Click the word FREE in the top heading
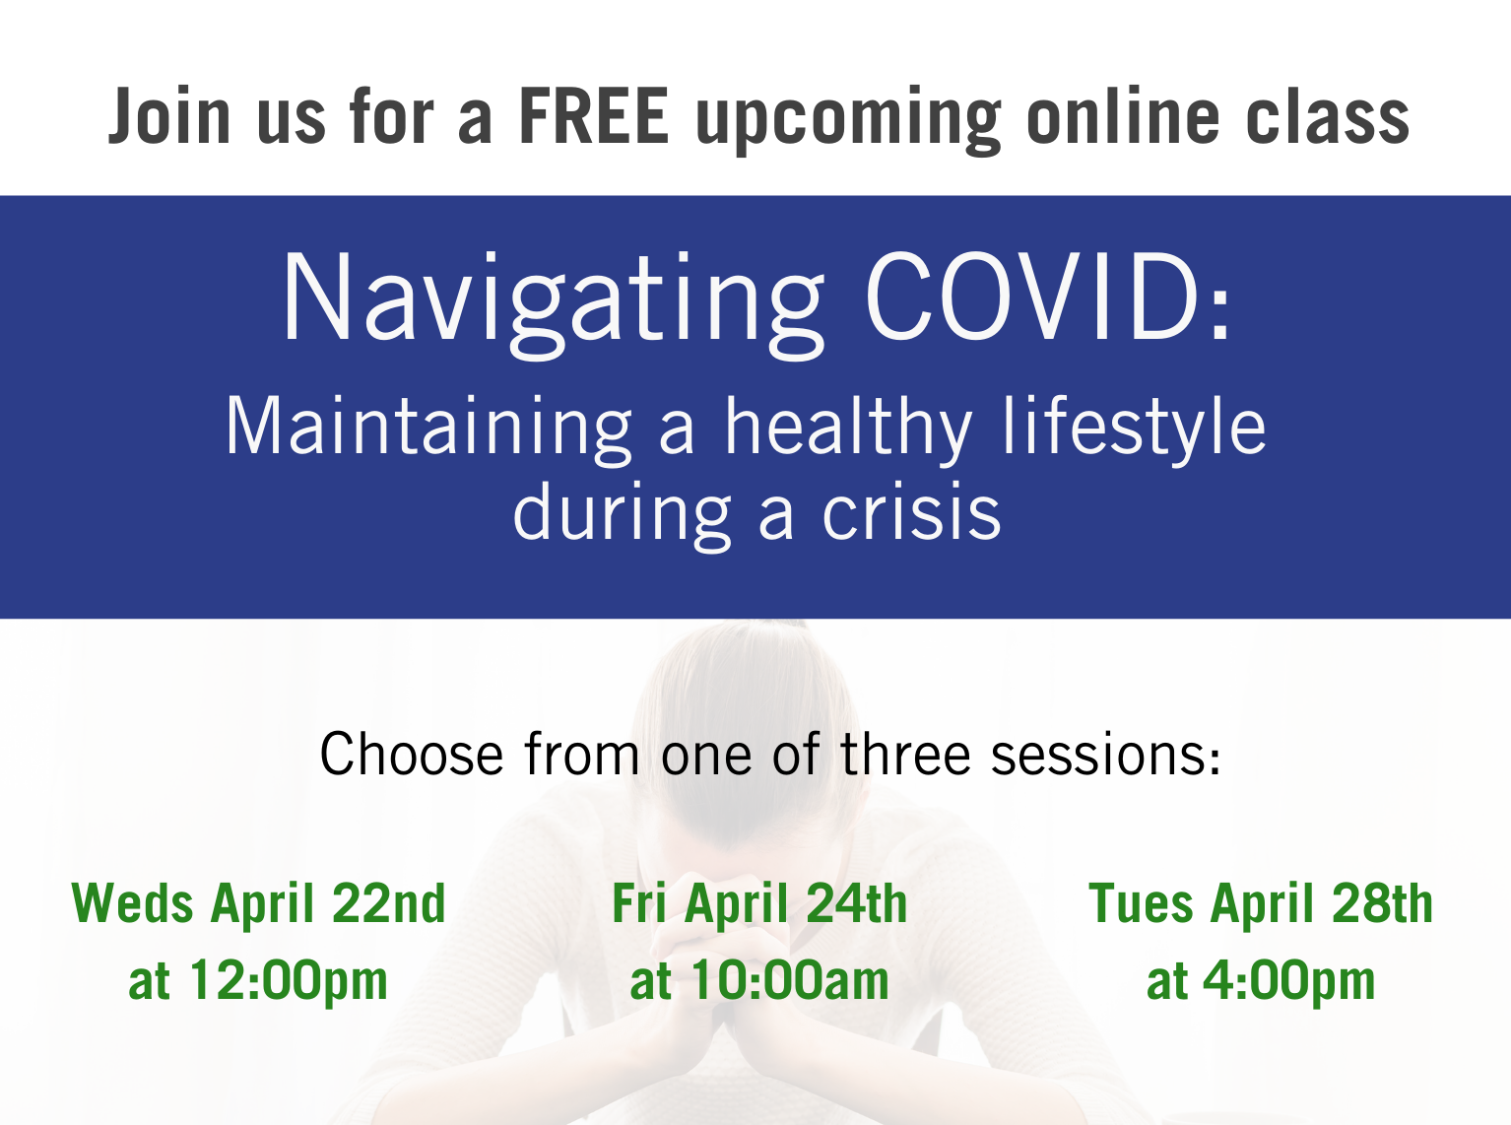tap(593, 116)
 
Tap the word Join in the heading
tap(169, 116)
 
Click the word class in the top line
tap(1328, 116)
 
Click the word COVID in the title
tap(1031, 296)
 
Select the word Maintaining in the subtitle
tap(428, 430)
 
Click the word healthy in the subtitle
tap(848, 430)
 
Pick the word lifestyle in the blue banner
tap(1134, 430)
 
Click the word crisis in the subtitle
tap(911, 511)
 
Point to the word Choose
tap(412, 754)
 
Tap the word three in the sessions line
tap(905, 754)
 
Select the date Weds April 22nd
tap(258, 903)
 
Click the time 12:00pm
tap(289, 982)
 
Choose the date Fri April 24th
tap(759, 903)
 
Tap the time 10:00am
tap(790, 981)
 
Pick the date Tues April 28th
tap(1261, 903)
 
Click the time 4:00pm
tap(1289, 982)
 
